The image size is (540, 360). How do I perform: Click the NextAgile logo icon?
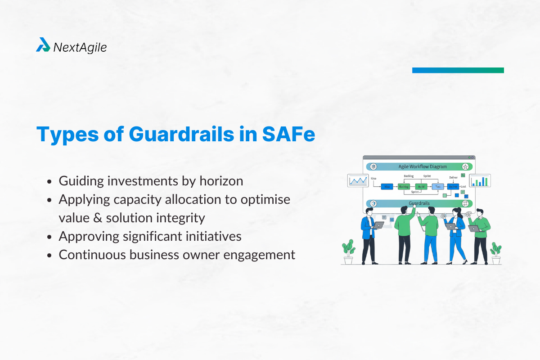[x=43, y=45]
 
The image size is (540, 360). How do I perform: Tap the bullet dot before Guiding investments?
[x=50, y=181]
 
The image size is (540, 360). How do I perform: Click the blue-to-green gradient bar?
[x=458, y=70]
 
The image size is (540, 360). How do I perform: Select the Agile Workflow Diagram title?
[x=423, y=166]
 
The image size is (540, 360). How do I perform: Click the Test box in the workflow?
[x=437, y=186]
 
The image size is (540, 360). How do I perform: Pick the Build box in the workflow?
[x=421, y=186]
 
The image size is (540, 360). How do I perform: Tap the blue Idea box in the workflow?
[x=387, y=186]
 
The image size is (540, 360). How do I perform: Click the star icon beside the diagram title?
[x=465, y=166]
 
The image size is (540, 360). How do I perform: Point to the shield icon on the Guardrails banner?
[x=373, y=203]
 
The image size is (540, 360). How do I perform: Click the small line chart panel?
[x=358, y=180]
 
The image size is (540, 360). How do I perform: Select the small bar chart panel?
[x=480, y=180]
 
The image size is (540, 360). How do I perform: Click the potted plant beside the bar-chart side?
[x=496, y=252]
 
